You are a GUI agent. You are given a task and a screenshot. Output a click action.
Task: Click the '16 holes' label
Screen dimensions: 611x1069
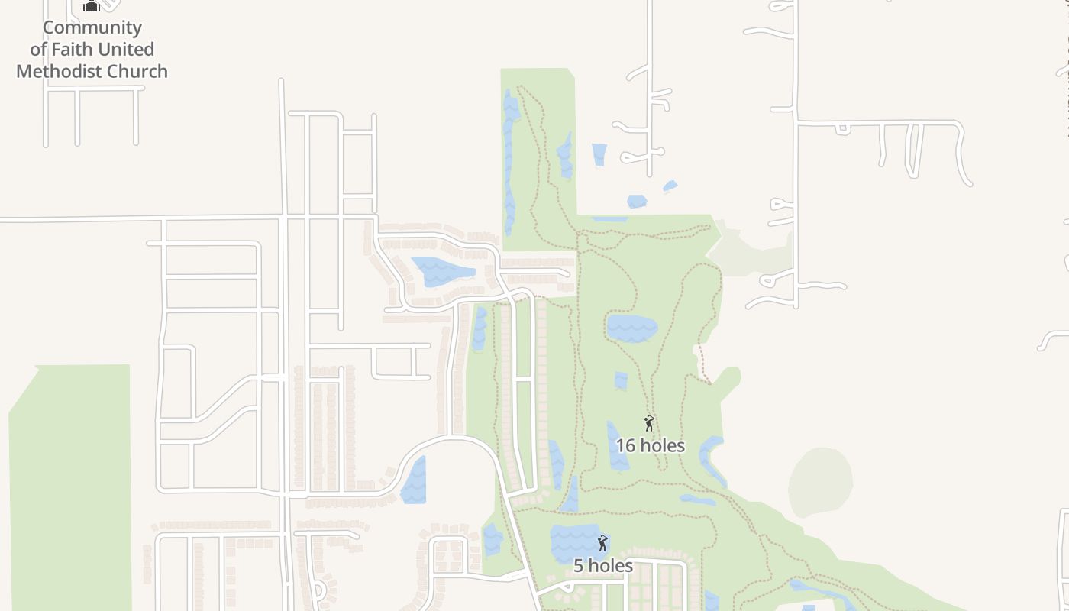(x=650, y=445)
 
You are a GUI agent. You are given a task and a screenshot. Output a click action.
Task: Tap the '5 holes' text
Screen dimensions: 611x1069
(x=602, y=565)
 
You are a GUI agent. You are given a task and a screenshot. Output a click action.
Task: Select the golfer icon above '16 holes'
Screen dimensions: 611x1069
(x=649, y=423)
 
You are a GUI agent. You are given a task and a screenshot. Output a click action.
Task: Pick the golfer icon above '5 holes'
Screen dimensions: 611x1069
(x=602, y=543)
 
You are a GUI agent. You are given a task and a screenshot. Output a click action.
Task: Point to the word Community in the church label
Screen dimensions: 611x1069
(x=92, y=27)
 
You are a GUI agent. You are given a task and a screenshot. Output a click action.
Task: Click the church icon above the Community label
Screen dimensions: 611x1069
(x=92, y=6)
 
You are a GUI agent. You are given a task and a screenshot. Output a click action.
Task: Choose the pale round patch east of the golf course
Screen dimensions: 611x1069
(x=820, y=481)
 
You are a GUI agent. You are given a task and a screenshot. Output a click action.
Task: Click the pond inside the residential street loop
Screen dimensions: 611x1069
(x=441, y=270)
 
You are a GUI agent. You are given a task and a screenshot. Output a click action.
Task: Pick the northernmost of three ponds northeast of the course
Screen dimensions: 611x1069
(x=599, y=154)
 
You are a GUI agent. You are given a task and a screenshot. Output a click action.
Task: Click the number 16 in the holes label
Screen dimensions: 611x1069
(x=625, y=445)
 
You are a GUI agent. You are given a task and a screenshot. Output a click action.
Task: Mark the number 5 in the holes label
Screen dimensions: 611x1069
(x=579, y=565)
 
